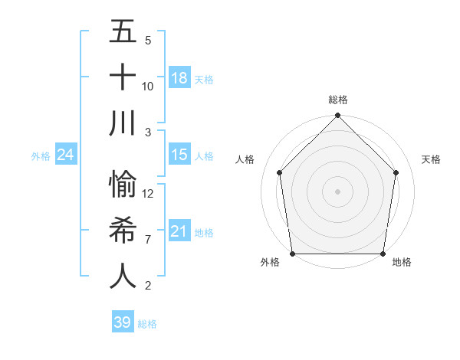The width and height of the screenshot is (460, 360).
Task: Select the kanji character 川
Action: click(x=123, y=123)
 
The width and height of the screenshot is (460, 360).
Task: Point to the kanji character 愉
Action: click(x=123, y=185)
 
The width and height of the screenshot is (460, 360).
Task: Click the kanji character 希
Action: click(x=123, y=231)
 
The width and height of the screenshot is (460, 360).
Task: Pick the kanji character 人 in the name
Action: click(x=123, y=277)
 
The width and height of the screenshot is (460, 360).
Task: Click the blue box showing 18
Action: click(x=179, y=78)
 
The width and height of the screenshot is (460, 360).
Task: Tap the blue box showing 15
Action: click(x=179, y=155)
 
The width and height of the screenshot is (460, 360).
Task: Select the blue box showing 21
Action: click(x=179, y=231)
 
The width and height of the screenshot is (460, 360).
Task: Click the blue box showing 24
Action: click(x=66, y=155)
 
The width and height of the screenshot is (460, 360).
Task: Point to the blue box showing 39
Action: click(x=123, y=322)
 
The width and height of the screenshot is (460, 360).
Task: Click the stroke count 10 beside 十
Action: click(x=148, y=86)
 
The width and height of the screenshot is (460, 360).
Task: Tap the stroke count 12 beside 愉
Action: click(x=148, y=194)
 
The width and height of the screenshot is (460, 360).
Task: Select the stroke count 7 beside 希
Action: click(x=148, y=240)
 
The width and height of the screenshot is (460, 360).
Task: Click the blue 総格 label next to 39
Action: click(x=148, y=324)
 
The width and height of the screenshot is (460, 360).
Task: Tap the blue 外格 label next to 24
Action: click(x=41, y=156)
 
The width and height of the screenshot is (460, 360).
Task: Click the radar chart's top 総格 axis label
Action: click(x=338, y=100)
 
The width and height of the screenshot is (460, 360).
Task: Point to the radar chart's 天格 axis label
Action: click(x=432, y=159)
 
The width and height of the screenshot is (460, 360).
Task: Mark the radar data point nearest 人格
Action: click(x=280, y=172)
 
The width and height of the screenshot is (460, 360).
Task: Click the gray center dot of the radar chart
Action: click(x=338, y=191)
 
